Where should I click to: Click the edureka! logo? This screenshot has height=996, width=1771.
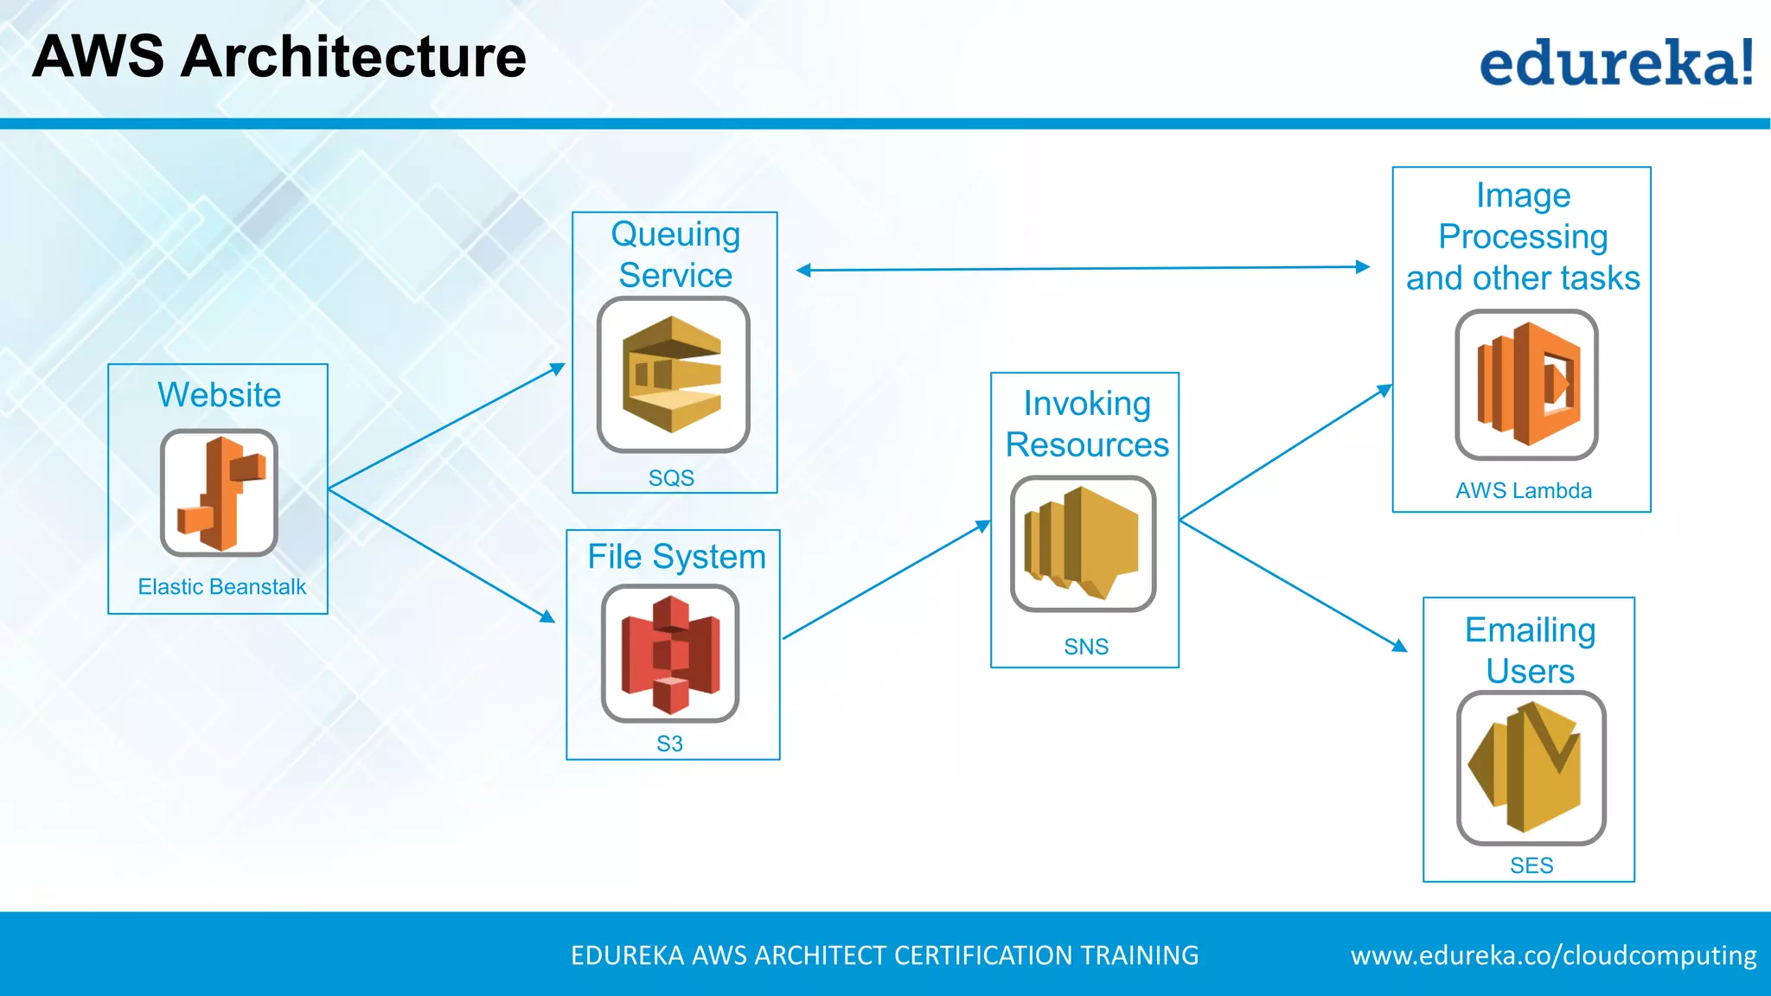(x=1615, y=62)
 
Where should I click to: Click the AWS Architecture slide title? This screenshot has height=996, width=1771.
(x=279, y=57)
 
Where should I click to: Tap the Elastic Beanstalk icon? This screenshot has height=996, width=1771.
(x=219, y=493)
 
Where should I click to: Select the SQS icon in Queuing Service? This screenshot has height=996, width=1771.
(x=673, y=374)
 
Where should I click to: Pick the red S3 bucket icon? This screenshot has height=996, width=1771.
(x=670, y=654)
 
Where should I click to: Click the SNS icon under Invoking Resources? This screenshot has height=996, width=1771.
(x=1083, y=544)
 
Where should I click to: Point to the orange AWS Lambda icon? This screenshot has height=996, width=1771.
(x=1526, y=385)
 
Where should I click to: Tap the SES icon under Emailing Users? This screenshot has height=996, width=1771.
(x=1531, y=768)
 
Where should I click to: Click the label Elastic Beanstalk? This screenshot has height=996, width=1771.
(x=222, y=587)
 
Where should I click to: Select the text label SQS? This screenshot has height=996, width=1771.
(x=671, y=478)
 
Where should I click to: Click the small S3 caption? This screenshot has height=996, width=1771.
(x=669, y=744)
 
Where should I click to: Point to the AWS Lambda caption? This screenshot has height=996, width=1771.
(x=1523, y=491)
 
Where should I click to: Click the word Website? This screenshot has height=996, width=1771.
(x=219, y=395)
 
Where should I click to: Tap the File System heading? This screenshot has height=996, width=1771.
(x=676, y=557)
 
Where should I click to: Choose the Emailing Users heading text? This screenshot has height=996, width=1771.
(x=1530, y=650)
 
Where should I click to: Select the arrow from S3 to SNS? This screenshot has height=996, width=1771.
(x=886, y=580)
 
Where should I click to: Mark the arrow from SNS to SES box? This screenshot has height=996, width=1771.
(x=1293, y=584)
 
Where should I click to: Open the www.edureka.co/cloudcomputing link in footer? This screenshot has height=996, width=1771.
(x=1553, y=955)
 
